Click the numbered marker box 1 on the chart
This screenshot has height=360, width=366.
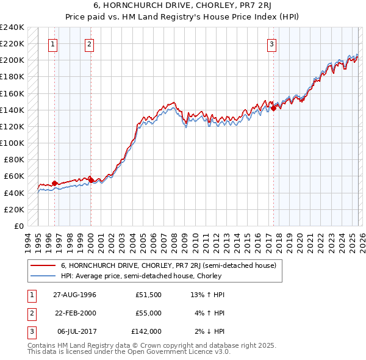coord(53,44)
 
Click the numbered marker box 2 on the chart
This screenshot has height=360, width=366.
coord(89,44)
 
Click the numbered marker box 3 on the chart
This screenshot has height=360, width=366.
coord(271,44)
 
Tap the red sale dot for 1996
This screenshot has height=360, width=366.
coord(55,183)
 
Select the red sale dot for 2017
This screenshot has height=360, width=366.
coord(273,108)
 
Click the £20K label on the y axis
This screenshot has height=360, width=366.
coord(14,209)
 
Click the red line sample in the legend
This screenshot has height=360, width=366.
coord(43,265)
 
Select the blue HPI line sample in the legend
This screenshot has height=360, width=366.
coord(43,276)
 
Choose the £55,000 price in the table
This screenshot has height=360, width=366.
coord(148,313)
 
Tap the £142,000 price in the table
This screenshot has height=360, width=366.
coord(146,331)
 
